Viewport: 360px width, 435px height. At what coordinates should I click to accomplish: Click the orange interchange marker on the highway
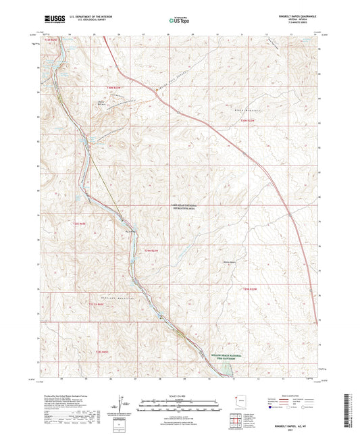(x=157, y=95)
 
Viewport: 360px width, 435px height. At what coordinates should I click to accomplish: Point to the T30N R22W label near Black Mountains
(x=249, y=120)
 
